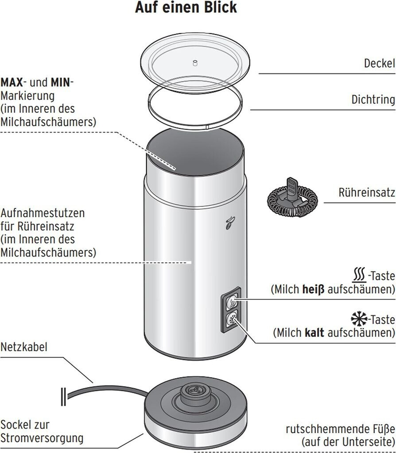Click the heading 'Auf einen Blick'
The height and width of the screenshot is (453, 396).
[186, 8]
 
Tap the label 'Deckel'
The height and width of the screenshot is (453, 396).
[379, 63]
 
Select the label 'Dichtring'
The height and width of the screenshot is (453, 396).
[373, 99]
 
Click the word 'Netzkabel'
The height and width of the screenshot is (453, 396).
[24, 346]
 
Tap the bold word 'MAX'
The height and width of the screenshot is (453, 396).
[12, 82]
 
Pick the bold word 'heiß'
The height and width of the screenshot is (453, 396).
[313, 289]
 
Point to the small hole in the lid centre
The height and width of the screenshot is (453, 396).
[194, 63]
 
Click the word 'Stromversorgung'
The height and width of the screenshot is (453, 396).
[42, 438]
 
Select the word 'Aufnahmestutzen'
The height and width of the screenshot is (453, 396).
[43, 213]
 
